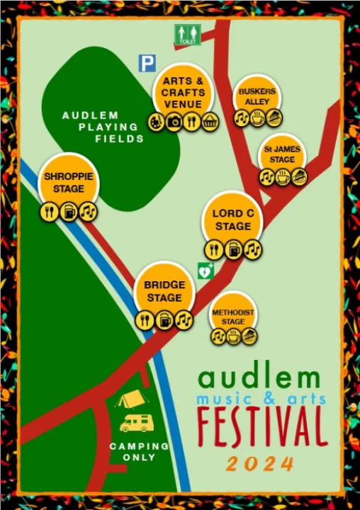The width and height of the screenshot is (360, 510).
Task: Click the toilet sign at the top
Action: (x=188, y=35)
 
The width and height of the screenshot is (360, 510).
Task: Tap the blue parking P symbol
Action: (x=147, y=64)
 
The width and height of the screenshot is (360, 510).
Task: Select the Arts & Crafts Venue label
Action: (x=183, y=93)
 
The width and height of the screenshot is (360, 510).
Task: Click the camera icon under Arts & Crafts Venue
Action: (x=174, y=123)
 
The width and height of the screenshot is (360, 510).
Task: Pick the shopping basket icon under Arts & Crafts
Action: (x=210, y=123)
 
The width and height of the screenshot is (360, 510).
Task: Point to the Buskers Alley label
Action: (x=257, y=97)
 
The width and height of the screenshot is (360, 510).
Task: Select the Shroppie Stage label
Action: (x=69, y=182)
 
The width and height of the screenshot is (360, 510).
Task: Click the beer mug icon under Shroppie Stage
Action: (x=69, y=211)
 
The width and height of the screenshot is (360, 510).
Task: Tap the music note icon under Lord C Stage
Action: (x=253, y=249)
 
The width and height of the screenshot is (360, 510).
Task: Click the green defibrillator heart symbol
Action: (x=206, y=270)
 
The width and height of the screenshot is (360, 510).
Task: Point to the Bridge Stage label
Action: (x=164, y=291)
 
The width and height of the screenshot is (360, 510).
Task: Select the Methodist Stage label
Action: (x=233, y=317)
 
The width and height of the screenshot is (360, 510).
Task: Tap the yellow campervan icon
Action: (x=136, y=423)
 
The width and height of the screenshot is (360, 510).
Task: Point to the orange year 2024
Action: (x=261, y=464)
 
